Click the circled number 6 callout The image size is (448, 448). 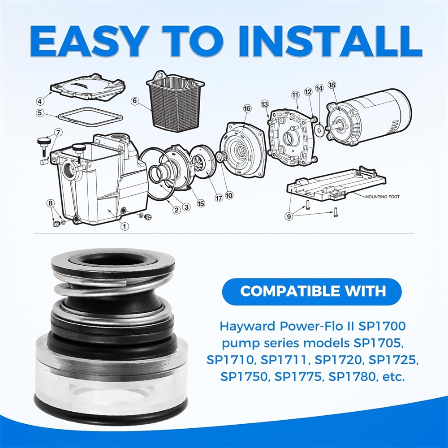pyautogui.click(x=135, y=101)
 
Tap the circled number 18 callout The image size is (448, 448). pyautogui.click(x=332, y=85)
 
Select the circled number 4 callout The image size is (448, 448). pyautogui.click(x=40, y=101)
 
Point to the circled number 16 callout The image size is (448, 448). pyautogui.click(x=247, y=108)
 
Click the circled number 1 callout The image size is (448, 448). pyautogui.click(x=125, y=226)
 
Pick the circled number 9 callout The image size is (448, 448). pyautogui.click(x=289, y=216)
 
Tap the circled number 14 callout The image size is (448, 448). pyautogui.click(x=319, y=88)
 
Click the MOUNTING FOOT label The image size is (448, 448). pyautogui.click(x=382, y=197)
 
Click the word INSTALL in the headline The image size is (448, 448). pyautogui.click(x=331, y=42)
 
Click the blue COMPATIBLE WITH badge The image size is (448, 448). pyautogui.click(x=312, y=292)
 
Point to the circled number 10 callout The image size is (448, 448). pyautogui.click(x=229, y=195)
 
